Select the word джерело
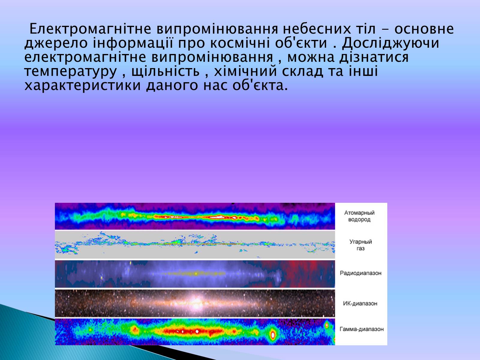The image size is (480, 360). (56, 43)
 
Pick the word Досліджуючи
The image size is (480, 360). (391, 43)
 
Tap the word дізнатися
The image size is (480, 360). (373, 58)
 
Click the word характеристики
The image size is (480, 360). (82, 85)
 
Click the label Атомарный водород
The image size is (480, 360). (359, 216)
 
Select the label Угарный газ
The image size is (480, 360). (361, 245)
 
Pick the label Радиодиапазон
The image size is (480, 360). (361, 273)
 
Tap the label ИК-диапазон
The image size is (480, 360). (360, 303)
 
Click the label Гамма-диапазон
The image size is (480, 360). (362, 329)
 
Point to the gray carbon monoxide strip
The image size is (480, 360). (195, 244)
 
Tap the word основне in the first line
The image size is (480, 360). (424, 29)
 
